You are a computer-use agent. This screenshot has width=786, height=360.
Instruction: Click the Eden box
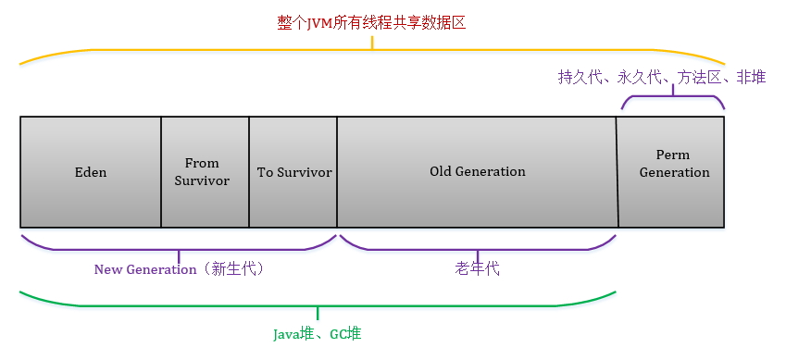tap(91, 172)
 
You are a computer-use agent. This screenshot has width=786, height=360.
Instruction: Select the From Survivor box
tap(205, 172)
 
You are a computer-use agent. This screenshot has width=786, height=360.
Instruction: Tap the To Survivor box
tap(293, 172)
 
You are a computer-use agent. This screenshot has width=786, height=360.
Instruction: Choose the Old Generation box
tap(477, 172)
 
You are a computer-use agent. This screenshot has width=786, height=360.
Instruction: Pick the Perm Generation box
tap(672, 172)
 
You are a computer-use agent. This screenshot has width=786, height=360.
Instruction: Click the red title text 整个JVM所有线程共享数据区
tap(371, 23)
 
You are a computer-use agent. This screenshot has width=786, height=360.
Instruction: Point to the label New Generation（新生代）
tap(180, 269)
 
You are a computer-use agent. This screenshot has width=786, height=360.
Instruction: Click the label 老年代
tap(478, 269)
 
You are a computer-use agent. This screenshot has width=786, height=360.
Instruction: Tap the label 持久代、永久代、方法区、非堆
tap(661, 79)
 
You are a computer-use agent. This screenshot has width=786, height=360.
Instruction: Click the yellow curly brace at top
tap(371, 52)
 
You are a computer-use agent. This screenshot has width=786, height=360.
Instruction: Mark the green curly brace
tap(318, 304)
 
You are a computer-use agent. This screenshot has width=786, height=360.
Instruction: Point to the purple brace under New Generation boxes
tap(179, 247)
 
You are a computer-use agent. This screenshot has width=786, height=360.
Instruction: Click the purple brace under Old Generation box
tap(478, 247)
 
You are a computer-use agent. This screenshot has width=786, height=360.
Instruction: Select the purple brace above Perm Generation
tap(672, 99)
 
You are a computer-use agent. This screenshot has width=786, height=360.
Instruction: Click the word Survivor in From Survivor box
tap(202, 180)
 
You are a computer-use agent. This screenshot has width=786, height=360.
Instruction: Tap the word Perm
tap(673, 155)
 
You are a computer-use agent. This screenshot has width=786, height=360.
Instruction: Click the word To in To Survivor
tap(265, 172)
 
